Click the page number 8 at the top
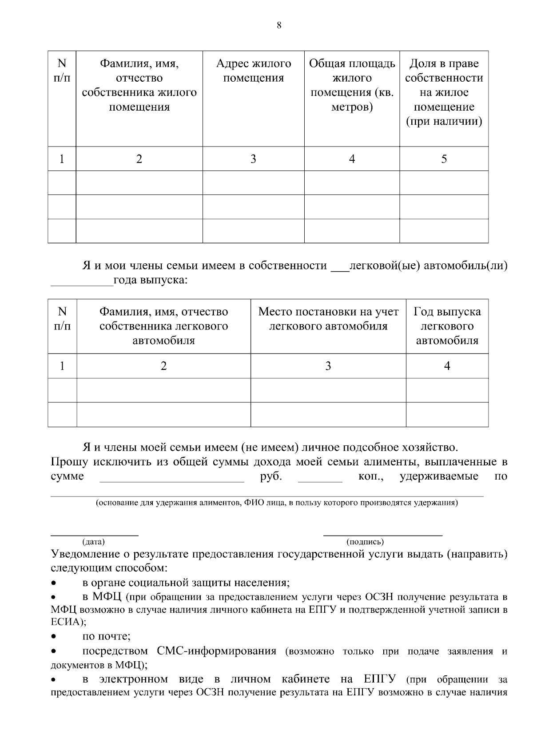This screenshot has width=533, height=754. (x=279, y=25)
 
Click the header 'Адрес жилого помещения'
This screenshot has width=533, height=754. (x=253, y=71)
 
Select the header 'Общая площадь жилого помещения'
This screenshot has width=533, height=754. (x=352, y=85)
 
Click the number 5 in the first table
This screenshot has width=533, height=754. (x=444, y=159)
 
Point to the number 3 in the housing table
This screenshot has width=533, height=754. (x=253, y=159)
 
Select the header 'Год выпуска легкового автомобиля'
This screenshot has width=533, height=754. (x=447, y=326)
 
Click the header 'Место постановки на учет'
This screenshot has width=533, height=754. (x=328, y=319)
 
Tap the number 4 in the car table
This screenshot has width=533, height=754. (x=447, y=366)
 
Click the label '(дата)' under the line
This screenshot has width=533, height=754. (x=93, y=542)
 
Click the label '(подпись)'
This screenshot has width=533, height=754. (x=365, y=542)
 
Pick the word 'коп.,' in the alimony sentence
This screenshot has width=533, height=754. (x=371, y=477)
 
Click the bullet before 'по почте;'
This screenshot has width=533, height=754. (x=54, y=637)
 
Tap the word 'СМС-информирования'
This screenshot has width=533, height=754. (x=216, y=651)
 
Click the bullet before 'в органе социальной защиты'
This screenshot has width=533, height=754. (x=54, y=583)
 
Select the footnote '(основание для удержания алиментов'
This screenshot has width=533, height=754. (x=276, y=503)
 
